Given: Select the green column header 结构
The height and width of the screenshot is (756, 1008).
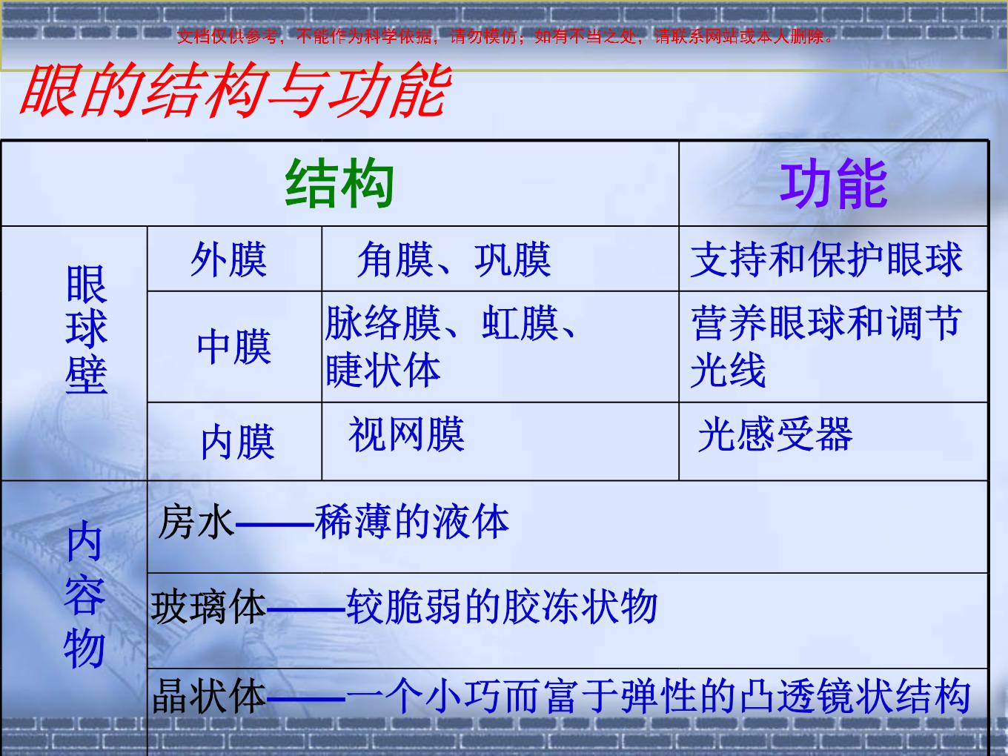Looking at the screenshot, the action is [x=339, y=183].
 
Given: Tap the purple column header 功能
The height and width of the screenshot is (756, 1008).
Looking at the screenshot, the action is [x=834, y=184].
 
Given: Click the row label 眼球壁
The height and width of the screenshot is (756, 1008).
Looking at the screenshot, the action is [x=86, y=329].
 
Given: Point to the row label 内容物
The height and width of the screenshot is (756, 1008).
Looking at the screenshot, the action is [x=84, y=594].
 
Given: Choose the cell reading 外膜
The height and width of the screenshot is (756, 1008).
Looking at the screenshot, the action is [x=229, y=260].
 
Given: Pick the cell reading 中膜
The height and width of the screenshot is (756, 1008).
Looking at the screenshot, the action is [x=234, y=347].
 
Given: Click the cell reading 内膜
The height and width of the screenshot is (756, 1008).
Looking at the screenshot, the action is [x=238, y=442].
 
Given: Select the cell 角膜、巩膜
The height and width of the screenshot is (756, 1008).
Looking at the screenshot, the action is [x=454, y=260].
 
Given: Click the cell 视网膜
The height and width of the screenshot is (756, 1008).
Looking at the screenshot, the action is [x=406, y=434].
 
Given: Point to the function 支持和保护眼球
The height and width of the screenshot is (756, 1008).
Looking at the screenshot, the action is [x=826, y=259].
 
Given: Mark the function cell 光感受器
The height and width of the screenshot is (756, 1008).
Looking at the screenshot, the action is [x=775, y=434].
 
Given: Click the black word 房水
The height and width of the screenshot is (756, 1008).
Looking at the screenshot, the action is [x=196, y=522].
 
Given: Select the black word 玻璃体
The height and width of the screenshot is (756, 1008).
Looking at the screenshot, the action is [x=208, y=607].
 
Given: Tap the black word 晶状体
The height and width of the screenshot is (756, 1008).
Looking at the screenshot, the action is [x=209, y=696].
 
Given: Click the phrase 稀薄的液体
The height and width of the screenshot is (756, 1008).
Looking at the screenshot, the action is [x=412, y=521].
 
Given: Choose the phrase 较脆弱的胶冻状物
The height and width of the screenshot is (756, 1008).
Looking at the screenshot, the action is [x=502, y=607].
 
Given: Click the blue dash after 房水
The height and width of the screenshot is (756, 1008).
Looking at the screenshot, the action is [x=275, y=523].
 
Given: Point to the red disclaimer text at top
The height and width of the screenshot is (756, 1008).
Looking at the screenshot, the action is [x=505, y=36].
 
